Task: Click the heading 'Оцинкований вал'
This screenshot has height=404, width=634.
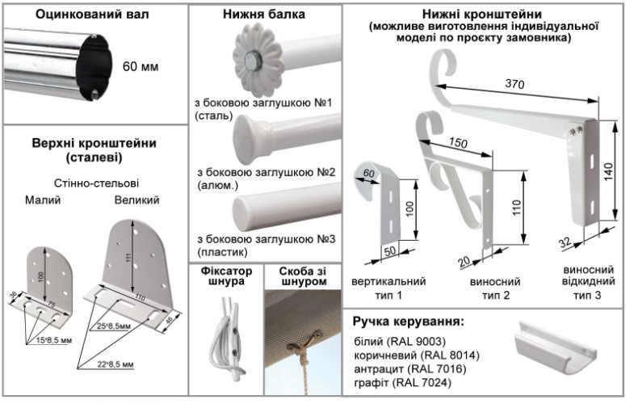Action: tap(92, 15)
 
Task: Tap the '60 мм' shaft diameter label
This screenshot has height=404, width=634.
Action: tap(141, 66)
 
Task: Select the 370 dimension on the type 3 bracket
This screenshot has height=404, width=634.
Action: tap(514, 84)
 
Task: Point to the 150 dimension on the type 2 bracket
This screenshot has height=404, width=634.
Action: tap(458, 142)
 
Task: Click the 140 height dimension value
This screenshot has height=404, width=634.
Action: tap(608, 172)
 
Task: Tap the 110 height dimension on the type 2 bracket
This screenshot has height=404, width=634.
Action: tap(516, 208)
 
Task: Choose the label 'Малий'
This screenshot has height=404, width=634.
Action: tap(43, 200)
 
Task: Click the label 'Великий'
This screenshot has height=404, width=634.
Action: tap(136, 200)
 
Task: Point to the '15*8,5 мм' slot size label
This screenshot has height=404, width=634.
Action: tap(54, 340)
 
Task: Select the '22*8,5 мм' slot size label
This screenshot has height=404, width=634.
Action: tap(115, 364)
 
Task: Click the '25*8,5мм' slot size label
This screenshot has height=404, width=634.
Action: tap(114, 326)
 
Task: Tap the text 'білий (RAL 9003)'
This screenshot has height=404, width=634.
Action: tap(400, 342)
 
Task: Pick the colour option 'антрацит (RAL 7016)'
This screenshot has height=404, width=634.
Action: tap(410, 368)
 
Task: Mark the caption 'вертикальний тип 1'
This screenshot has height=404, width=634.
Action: tap(388, 288)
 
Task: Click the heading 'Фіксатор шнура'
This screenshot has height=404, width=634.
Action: tap(226, 276)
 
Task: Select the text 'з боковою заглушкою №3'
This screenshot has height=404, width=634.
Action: tap(267, 239)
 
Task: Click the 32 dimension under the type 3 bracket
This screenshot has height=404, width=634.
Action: tap(565, 242)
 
